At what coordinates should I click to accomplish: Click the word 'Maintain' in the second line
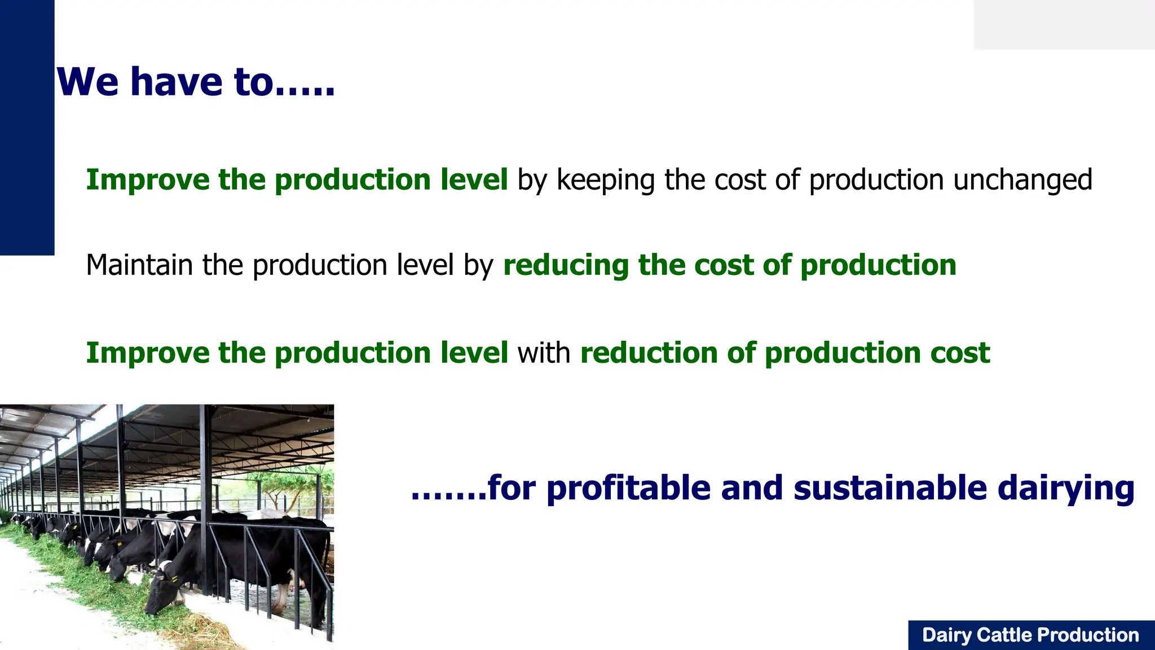[139, 265]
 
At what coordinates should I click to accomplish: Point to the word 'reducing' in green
[566, 266]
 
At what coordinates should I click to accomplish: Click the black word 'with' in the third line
[544, 353]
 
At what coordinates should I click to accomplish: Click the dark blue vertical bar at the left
[27, 127]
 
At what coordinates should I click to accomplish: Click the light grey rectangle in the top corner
[1064, 24]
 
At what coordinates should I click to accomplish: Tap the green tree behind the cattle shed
[282, 485]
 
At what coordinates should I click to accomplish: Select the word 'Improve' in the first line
[147, 180]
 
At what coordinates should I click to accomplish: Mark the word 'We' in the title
[87, 82]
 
